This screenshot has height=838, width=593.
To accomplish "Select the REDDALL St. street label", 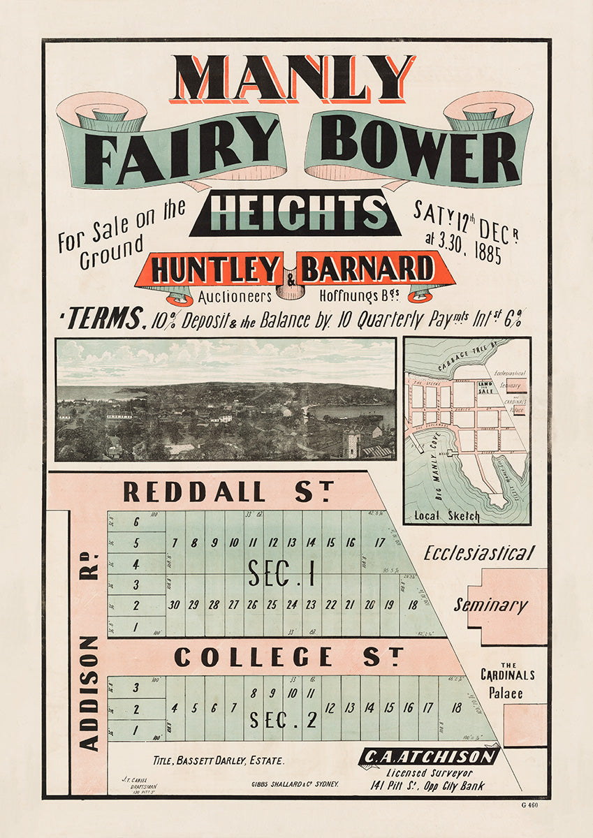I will click(x=228, y=491).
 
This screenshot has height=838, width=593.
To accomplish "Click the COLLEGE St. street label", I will click(x=288, y=657).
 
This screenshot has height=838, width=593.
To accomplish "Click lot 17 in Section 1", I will click(x=380, y=543).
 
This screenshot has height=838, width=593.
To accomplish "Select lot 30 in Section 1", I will click(x=175, y=605).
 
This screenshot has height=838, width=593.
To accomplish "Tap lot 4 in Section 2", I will click(x=174, y=707).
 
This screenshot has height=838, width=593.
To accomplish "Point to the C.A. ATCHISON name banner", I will click(x=430, y=757).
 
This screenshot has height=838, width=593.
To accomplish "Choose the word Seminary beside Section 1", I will click(x=490, y=605).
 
